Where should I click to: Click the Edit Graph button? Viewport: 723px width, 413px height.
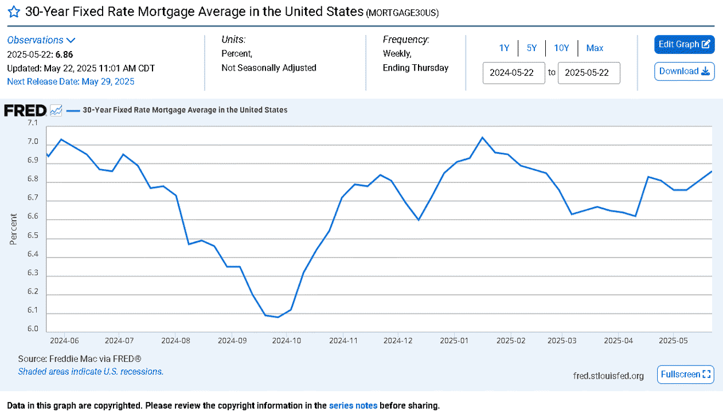(x=684, y=44)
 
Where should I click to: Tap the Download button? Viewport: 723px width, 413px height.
(x=684, y=71)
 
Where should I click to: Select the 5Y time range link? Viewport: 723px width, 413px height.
(x=531, y=48)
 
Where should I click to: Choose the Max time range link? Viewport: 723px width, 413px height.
(x=595, y=48)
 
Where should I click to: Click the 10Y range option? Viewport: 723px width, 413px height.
(x=561, y=48)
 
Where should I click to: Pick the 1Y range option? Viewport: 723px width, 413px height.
(x=504, y=48)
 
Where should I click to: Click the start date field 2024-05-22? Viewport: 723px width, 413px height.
(x=514, y=73)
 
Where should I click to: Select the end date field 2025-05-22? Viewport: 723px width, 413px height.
(x=589, y=73)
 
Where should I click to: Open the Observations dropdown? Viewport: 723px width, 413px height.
(x=41, y=40)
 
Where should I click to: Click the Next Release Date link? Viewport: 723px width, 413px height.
(x=71, y=81)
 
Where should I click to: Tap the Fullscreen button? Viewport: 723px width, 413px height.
(x=686, y=375)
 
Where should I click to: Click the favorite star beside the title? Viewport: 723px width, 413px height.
(x=14, y=12)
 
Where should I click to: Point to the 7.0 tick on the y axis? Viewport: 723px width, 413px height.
(x=33, y=142)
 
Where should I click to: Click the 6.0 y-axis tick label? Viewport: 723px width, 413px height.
(x=33, y=329)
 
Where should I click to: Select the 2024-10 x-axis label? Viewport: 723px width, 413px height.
(x=287, y=341)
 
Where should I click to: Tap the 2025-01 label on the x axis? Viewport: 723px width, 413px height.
(x=454, y=341)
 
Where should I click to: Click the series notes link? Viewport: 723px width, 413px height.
(x=353, y=406)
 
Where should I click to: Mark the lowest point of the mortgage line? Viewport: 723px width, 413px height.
(x=278, y=317)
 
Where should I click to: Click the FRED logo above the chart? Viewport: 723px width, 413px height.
(x=25, y=111)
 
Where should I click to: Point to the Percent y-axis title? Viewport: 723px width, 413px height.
(x=13, y=229)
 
